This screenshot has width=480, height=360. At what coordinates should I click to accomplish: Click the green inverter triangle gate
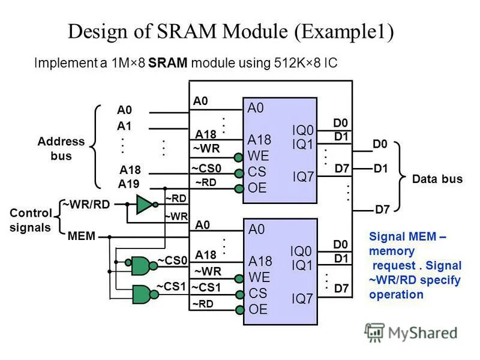tap(145, 205)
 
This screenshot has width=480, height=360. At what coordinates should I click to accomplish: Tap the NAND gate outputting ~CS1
tap(141, 293)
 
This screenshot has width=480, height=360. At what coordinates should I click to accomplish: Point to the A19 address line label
tap(129, 184)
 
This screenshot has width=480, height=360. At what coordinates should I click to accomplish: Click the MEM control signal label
tap(82, 236)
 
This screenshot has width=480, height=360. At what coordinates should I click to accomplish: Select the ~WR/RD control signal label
tap(89, 204)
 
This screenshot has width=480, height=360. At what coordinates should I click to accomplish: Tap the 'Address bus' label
tap(61, 149)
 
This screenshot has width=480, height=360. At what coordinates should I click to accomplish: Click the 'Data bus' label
tap(437, 179)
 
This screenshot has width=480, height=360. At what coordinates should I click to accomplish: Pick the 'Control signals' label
tap(30, 220)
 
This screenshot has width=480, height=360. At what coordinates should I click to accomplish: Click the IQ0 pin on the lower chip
tap(302, 251)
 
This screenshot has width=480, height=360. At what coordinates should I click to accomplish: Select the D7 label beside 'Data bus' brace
tap(382, 209)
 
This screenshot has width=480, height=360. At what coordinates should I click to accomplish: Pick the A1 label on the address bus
tap(124, 126)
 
